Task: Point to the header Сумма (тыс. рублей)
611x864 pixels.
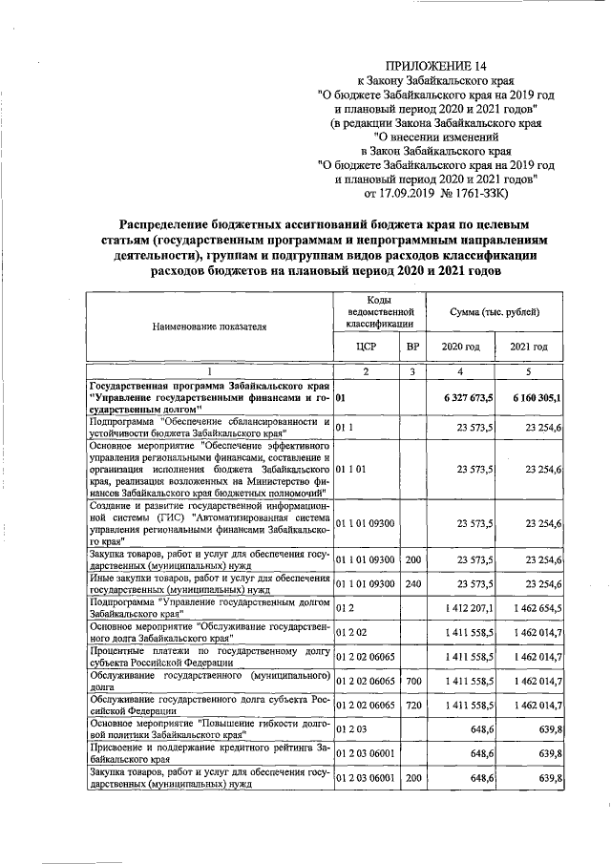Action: click(x=494, y=312)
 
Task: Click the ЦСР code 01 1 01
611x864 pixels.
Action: click(x=354, y=470)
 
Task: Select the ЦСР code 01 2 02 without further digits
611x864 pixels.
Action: click(x=351, y=633)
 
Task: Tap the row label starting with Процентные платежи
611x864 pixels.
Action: click(x=209, y=659)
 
